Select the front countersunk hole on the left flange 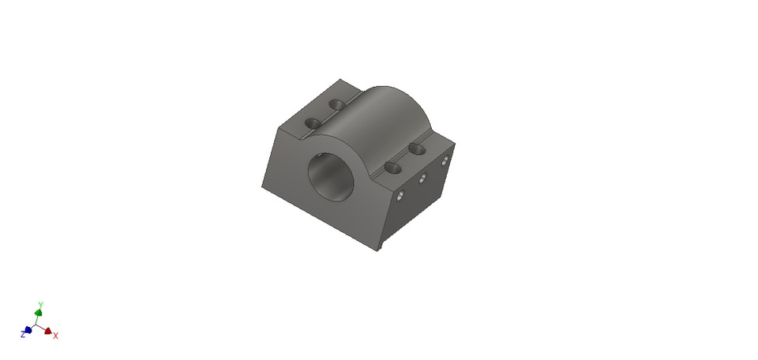point(313,124)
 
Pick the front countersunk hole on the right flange point(392,167)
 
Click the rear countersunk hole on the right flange point(418,148)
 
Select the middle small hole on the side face point(422,178)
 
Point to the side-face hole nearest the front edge point(400,195)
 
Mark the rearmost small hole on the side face point(445,161)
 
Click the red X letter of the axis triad point(56,336)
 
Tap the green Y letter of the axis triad point(40,304)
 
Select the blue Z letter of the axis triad point(23,335)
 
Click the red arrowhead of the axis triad point(48,332)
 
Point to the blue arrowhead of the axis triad point(28,330)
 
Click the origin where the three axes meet point(38,324)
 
